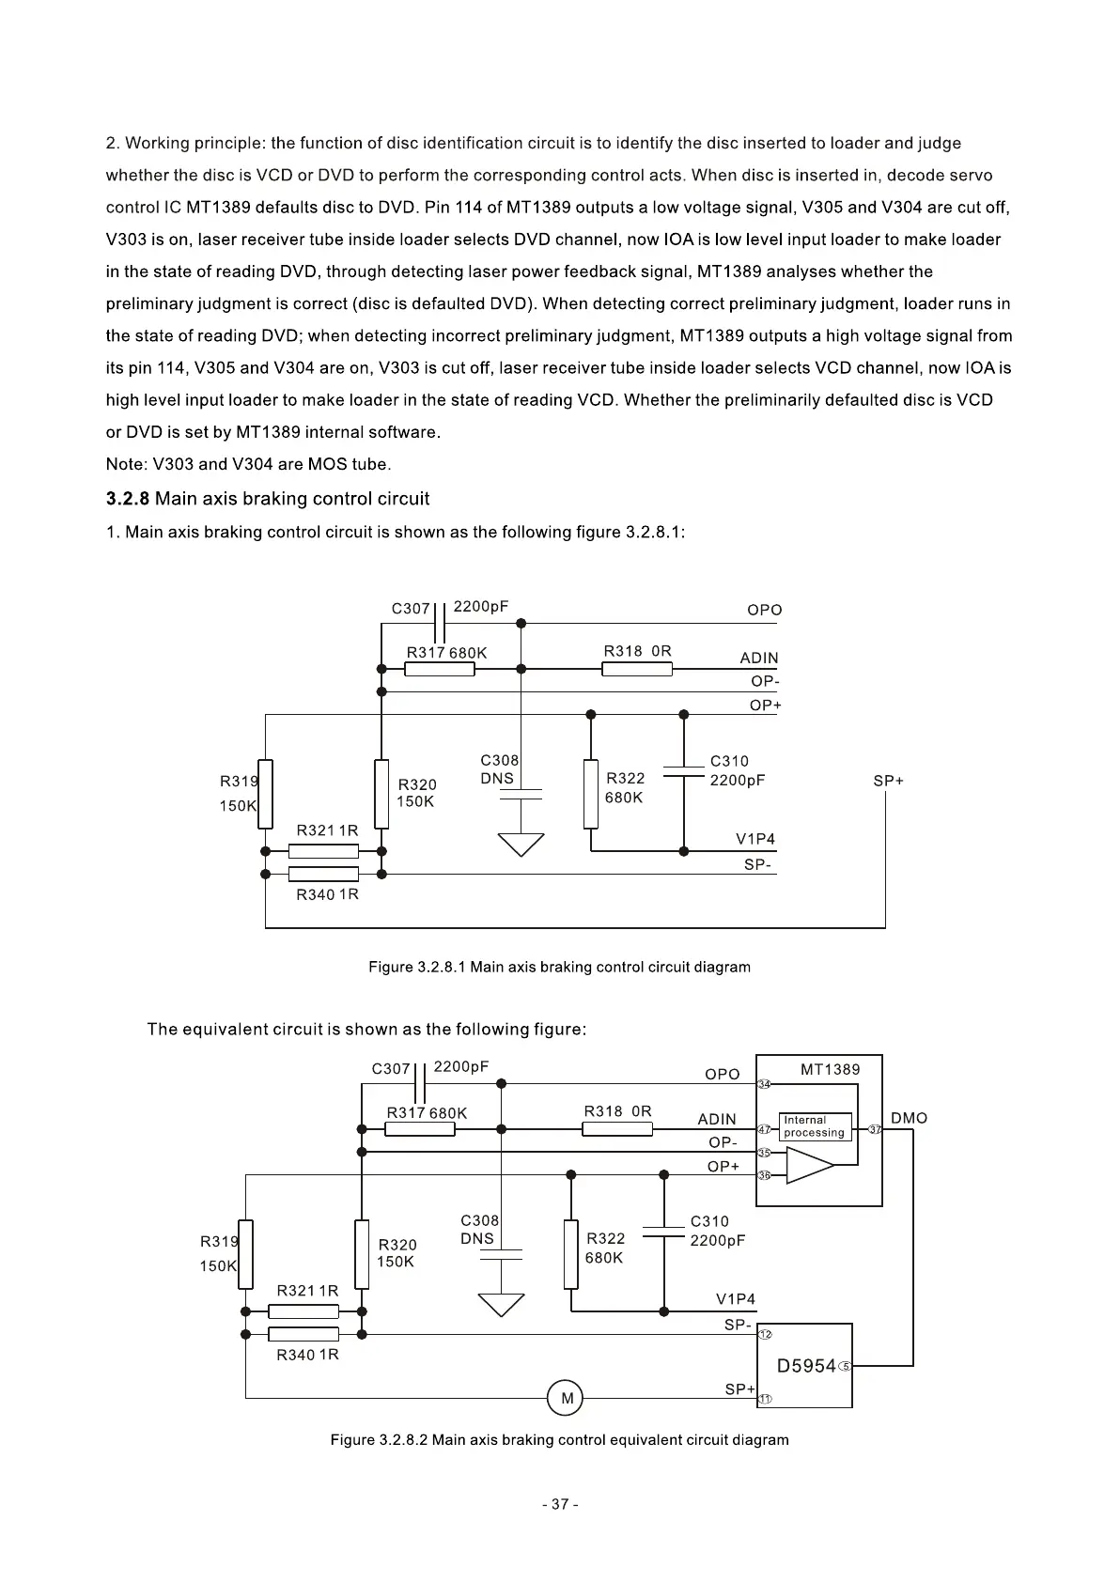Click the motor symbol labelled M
point(565,1398)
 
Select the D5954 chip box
point(804,1365)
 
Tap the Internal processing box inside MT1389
point(815,1126)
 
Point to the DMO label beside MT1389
point(909,1118)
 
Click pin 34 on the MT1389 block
point(765,1084)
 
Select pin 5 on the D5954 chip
point(846,1366)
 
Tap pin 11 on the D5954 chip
point(765,1399)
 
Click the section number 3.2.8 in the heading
point(128,499)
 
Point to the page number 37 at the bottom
point(560,1504)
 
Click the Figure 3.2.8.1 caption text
point(559,967)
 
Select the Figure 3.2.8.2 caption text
point(559,1439)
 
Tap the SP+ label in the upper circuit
point(888,781)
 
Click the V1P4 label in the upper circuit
point(755,839)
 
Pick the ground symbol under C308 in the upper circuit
point(521,845)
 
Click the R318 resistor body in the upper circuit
point(637,669)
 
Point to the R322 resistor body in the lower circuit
point(570,1254)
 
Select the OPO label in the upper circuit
point(764,610)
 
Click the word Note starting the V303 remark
point(125,464)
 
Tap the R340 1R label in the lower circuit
point(307,1355)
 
